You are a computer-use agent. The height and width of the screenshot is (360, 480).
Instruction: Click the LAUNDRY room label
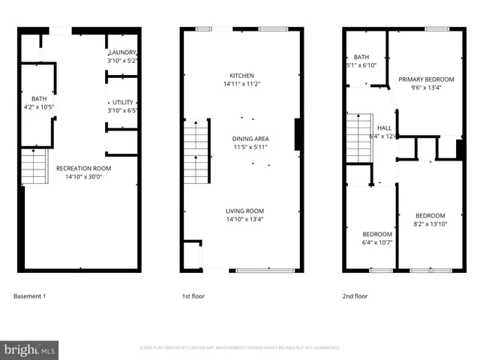click(122, 52)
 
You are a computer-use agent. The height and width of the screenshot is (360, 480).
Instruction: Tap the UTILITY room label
click(122, 102)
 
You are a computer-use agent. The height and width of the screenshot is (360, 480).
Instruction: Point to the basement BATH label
click(38, 99)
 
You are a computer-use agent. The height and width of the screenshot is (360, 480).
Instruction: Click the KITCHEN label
click(241, 76)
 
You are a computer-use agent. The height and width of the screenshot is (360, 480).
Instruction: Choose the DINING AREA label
click(250, 139)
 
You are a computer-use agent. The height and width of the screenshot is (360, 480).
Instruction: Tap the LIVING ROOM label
click(244, 211)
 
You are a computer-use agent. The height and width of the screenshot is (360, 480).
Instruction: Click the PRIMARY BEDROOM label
click(426, 79)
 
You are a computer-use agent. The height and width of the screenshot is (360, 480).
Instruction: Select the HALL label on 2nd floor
click(384, 128)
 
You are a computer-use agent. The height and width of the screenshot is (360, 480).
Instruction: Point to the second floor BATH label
click(361, 57)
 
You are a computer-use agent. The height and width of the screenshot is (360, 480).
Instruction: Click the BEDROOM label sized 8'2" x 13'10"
click(430, 216)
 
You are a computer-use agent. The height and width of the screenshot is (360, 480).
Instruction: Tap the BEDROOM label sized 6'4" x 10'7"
click(377, 234)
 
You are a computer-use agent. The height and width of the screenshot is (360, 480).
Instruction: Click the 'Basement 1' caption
click(30, 296)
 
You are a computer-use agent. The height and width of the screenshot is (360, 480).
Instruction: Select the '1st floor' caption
click(193, 296)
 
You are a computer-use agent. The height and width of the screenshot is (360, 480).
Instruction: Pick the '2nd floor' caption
click(355, 296)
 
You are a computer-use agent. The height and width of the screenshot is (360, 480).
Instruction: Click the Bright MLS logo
click(30, 348)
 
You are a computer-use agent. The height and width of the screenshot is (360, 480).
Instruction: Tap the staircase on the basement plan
click(33, 166)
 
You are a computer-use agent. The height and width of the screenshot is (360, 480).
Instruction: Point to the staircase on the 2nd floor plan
click(359, 137)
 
